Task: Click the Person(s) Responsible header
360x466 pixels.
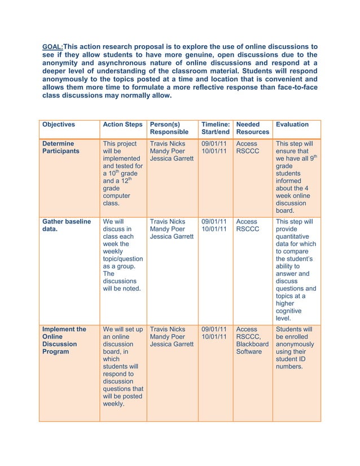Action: [x=169, y=128]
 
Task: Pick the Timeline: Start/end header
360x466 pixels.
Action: [x=215, y=128]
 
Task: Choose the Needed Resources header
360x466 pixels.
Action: [x=252, y=128]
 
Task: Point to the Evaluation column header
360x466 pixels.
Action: [x=292, y=124]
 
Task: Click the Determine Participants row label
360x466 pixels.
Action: [x=61, y=148]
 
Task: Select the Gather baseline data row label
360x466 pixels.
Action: [x=66, y=226]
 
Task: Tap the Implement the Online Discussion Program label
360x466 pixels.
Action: [x=64, y=340]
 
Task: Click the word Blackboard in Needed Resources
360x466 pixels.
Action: [x=252, y=344]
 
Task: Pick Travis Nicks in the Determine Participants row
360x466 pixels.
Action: [x=168, y=144]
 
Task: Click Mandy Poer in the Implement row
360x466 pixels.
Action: [x=167, y=336]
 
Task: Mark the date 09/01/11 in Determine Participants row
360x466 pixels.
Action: [x=214, y=144]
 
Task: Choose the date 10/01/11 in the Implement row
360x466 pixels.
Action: [x=214, y=336]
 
